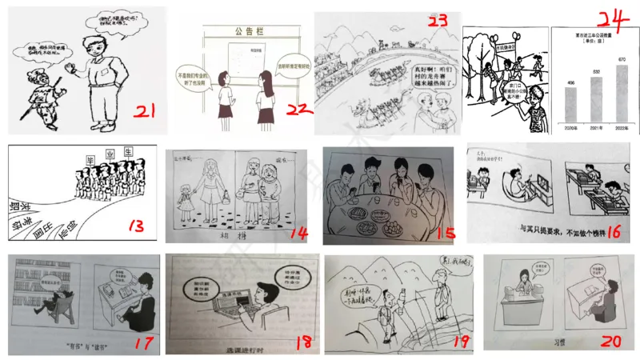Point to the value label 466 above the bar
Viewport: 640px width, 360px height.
point(570,82)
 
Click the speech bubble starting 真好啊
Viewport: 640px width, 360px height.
point(437,78)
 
